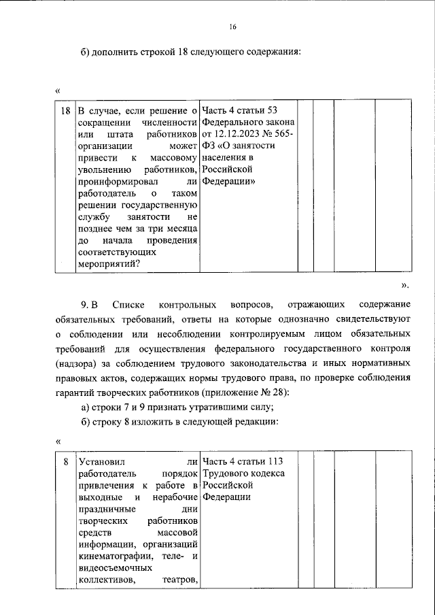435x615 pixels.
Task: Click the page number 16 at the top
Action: click(232, 27)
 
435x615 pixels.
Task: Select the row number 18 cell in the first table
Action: click(65, 110)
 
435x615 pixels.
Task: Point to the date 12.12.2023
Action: click(249, 135)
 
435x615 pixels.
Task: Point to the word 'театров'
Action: click(180, 580)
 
